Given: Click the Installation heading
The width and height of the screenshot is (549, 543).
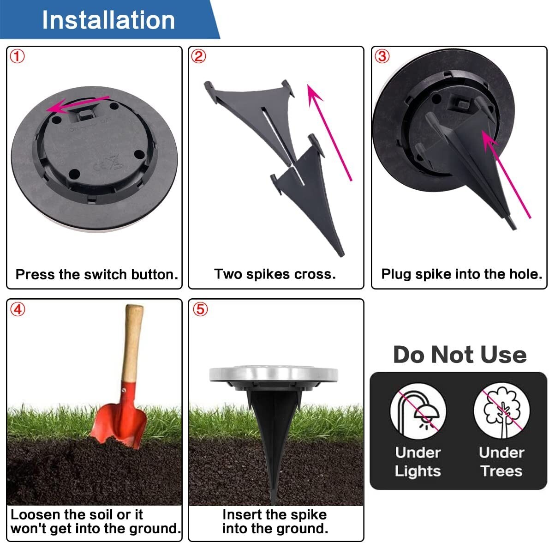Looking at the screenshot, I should click(108, 20).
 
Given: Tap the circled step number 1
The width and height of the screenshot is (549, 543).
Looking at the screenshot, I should click(17, 57).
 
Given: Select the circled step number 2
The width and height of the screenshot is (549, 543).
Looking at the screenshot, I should click(198, 57).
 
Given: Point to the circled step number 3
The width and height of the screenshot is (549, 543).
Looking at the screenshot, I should click(382, 57).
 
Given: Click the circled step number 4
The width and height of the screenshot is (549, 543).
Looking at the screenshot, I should click(17, 309).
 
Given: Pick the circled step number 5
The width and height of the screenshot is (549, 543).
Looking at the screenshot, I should click(199, 309).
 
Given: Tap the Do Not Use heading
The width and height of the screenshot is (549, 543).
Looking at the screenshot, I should click(459, 355).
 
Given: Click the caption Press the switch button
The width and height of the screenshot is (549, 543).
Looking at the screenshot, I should click(96, 275).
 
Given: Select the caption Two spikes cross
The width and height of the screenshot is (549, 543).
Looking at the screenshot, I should click(275, 274).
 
